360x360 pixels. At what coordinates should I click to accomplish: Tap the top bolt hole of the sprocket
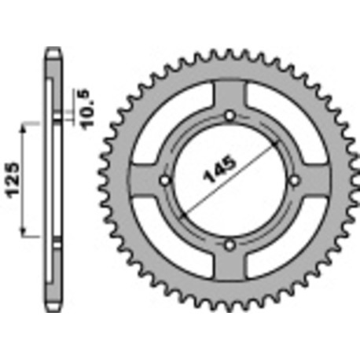click(x=229, y=116)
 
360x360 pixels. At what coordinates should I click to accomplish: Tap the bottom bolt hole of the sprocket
click(x=229, y=245)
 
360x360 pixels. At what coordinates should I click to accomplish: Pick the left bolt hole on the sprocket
click(x=164, y=181)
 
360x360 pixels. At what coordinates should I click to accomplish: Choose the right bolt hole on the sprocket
click(x=293, y=181)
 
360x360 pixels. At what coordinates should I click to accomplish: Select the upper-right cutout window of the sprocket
click(x=285, y=126)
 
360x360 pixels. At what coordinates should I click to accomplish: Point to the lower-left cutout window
click(x=174, y=237)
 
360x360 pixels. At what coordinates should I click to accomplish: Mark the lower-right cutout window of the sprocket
click(x=284, y=237)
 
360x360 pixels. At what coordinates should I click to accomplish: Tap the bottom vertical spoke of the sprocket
click(x=229, y=266)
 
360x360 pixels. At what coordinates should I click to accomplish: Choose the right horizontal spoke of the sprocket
click(x=314, y=181)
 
